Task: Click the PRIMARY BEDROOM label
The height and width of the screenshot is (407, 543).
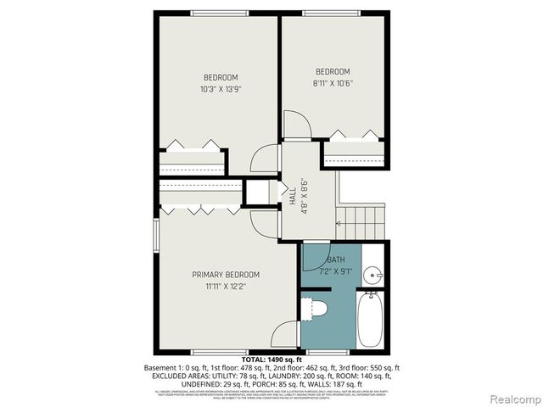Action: click(226, 274)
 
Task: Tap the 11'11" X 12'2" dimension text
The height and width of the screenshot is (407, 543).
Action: click(226, 287)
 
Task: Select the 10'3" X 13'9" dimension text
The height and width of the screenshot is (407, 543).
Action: click(219, 89)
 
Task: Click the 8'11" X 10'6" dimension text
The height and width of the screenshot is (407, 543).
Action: click(333, 83)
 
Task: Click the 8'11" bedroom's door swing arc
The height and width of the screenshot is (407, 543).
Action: click(297, 125)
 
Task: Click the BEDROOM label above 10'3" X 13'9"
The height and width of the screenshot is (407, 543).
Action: click(219, 77)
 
